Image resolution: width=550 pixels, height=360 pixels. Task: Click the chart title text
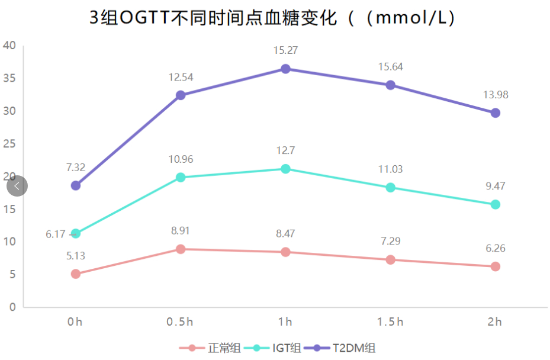tap(274, 18)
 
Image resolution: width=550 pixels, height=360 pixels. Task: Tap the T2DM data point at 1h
tap(285, 69)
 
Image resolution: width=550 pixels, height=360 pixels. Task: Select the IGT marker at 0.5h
tap(181, 177)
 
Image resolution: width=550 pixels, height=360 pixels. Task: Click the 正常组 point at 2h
tap(495, 266)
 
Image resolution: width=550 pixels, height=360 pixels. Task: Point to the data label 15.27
tap(285, 50)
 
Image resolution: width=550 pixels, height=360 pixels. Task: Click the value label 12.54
tap(181, 77)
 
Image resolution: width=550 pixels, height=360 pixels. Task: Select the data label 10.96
tap(181, 159)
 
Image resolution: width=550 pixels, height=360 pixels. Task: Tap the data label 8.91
tap(181, 230)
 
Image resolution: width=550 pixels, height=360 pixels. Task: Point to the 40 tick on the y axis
tap(9, 46)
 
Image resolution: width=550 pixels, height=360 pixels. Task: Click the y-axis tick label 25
tap(9, 144)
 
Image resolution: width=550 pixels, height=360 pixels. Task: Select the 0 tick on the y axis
tap(12, 307)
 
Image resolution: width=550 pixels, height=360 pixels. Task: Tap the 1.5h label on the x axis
tap(390, 322)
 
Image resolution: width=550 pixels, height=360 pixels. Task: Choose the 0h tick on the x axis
tap(75, 322)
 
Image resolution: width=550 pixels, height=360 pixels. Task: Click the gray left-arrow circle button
tap(17, 187)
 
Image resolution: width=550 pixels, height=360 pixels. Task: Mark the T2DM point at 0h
tap(76, 185)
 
